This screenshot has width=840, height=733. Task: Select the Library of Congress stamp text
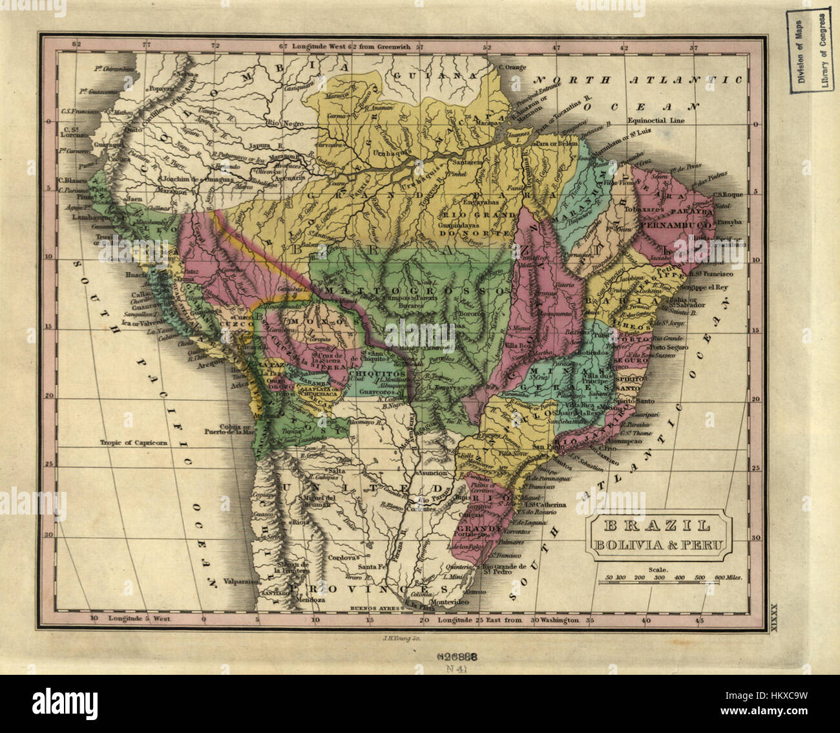pos(824,51)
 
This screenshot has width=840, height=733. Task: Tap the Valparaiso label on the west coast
pos(240,581)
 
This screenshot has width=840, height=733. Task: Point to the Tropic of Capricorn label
pos(134,443)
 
